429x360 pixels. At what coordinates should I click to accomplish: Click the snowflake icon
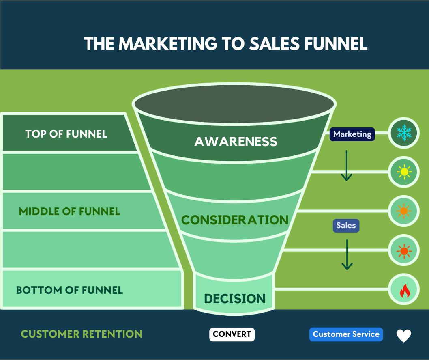tap(404, 133)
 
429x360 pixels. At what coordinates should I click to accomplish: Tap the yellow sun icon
tap(404, 172)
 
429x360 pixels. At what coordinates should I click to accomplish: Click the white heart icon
tap(403, 336)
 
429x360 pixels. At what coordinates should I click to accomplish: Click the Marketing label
tap(352, 134)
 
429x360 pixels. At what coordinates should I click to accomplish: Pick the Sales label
tap(346, 225)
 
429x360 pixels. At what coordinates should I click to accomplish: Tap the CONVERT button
tap(232, 334)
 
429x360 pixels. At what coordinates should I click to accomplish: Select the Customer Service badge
tap(346, 334)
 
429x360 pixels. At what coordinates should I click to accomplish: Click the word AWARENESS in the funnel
tap(236, 142)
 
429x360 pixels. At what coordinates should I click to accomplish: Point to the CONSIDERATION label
tap(235, 220)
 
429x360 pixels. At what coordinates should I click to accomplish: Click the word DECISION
tap(235, 299)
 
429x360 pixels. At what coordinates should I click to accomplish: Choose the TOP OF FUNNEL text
tap(66, 134)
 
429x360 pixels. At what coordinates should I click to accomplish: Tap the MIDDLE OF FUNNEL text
tap(69, 211)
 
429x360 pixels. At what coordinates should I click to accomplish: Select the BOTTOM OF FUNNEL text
tap(69, 290)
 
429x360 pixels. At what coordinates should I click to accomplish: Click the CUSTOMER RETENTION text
tap(82, 334)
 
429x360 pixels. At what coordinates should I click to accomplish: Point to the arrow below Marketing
tap(346, 165)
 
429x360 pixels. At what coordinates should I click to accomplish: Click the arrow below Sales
tap(347, 254)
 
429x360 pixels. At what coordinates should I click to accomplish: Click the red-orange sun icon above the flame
tap(404, 251)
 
